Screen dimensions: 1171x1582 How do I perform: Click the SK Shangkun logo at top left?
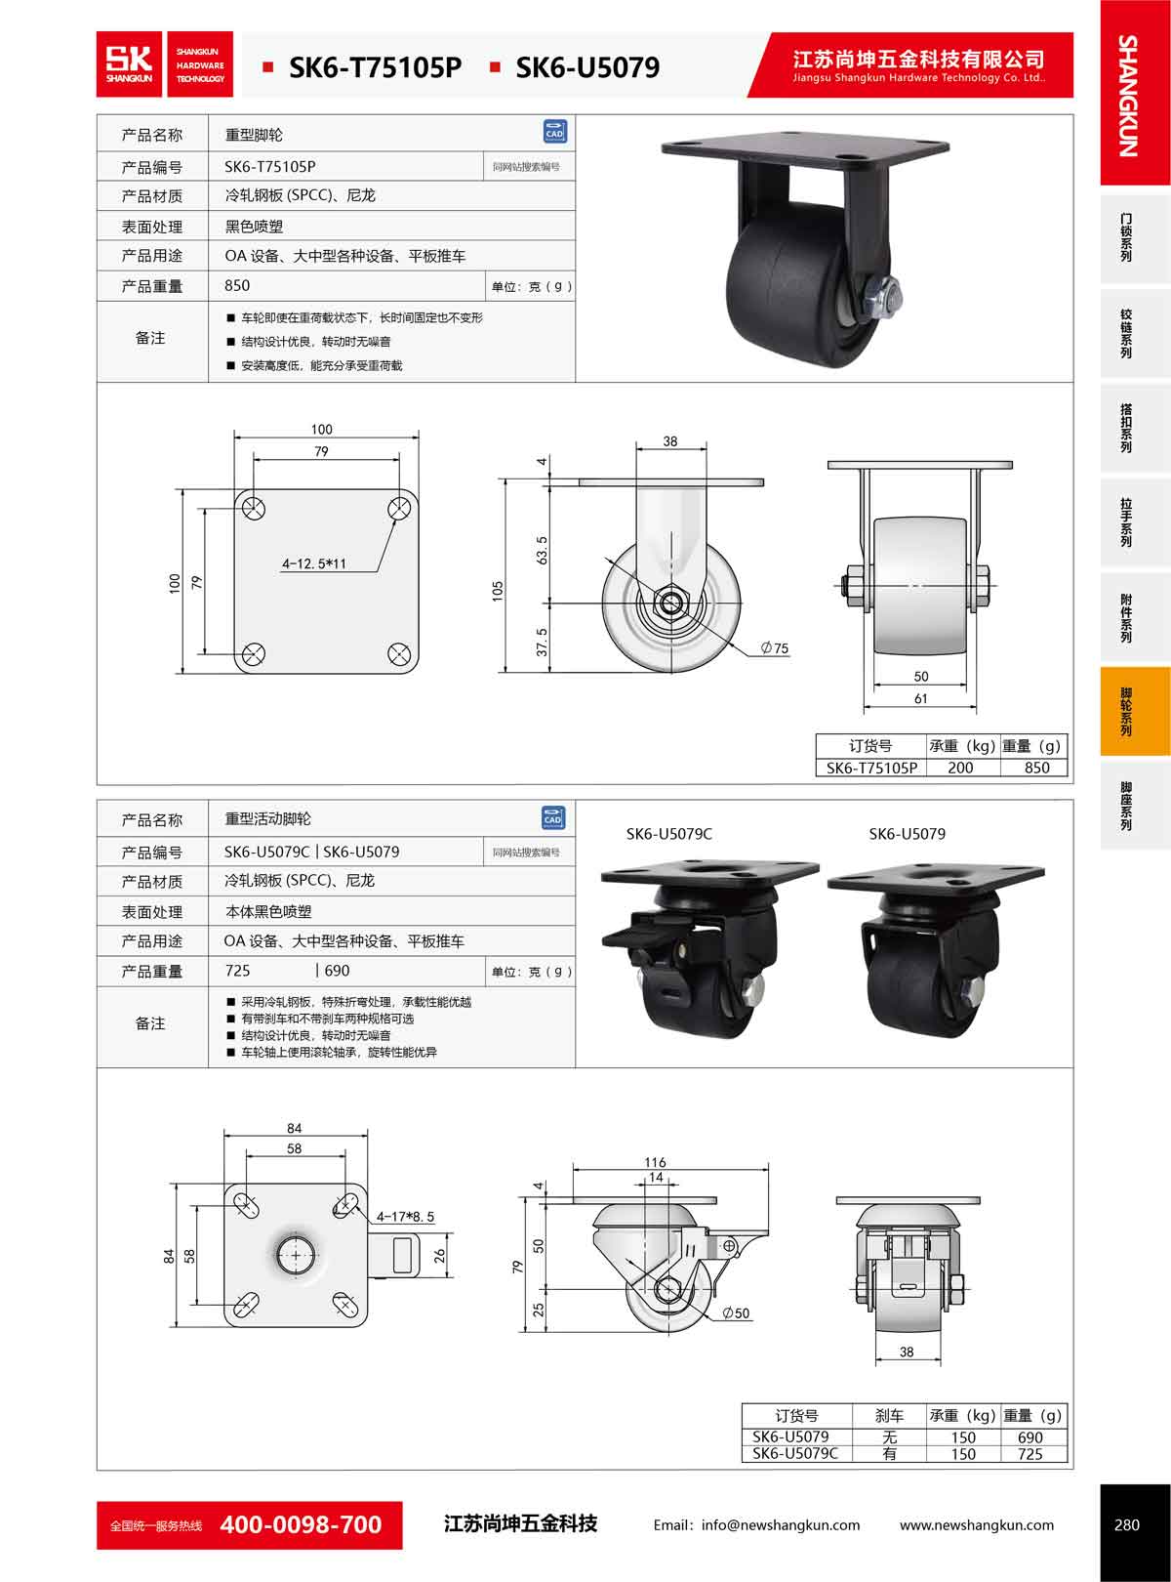[x=165, y=64]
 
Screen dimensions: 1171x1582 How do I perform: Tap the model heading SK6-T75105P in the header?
[x=376, y=67]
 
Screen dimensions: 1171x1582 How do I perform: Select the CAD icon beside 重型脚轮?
[x=554, y=132]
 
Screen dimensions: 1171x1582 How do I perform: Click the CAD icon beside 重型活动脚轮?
[x=553, y=818]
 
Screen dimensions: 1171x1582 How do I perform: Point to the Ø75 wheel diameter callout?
[x=775, y=647]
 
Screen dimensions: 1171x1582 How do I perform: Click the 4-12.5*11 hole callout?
[x=313, y=563]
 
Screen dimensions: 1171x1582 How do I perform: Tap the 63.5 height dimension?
[x=542, y=550]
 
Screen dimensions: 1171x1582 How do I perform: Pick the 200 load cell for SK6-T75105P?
[x=960, y=768]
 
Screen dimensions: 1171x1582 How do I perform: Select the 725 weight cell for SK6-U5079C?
[x=1030, y=1454]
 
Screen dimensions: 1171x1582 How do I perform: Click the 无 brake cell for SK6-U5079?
[x=889, y=1437]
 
